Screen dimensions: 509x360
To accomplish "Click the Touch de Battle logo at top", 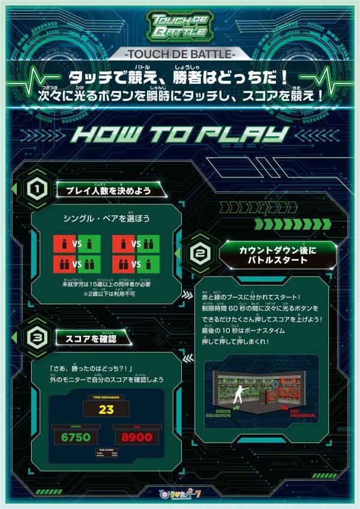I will tap(179, 26).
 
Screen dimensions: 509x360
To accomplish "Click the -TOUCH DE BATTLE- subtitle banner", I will tap(180, 55).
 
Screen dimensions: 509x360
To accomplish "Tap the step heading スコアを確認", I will tap(92, 339).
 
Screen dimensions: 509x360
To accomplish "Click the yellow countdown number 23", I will tap(107, 411).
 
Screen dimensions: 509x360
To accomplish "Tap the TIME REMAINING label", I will tap(106, 397).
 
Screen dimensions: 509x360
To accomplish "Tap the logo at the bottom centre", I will tap(180, 496).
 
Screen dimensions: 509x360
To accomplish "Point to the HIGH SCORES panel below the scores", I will tap(106, 454).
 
